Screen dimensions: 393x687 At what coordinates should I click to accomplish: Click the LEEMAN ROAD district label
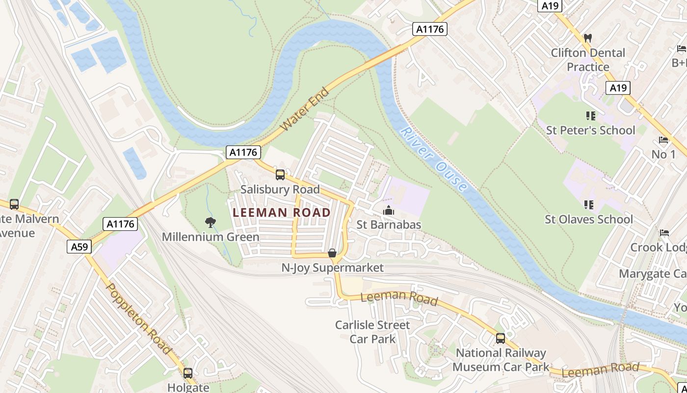pyautogui.click(x=282, y=213)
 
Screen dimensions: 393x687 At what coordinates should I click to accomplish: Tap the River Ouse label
pyautogui.click(x=434, y=160)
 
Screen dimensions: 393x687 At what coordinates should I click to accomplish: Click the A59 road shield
pyautogui.click(x=79, y=247)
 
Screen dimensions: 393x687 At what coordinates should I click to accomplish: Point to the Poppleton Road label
pyautogui.click(x=139, y=318)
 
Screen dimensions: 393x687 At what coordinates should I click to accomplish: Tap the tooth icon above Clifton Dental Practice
pyautogui.click(x=587, y=38)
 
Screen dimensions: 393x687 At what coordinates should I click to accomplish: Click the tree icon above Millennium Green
pyautogui.click(x=211, y=223)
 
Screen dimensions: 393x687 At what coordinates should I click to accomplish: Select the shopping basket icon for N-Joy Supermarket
pyautogui.click(x=332, y=253)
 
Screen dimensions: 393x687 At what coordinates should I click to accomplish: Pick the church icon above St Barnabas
pyautogui.click(x=389, y=211)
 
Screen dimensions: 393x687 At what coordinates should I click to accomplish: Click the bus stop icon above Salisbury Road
pyautogui.click(x=280, y=175)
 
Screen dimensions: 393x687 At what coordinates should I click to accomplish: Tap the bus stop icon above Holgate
pyautogui.click(x=188, y=373)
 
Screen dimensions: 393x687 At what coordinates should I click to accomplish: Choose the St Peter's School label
pyautogui.click(x=590, y=130)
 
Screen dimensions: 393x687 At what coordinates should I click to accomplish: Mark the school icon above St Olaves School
pyautogui.click(x=589, y=205)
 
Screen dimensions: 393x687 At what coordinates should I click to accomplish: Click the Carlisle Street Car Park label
pyautogui.click(x=372, y=332)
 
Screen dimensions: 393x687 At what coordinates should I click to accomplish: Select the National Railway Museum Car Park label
pyautogui.click(x=501, y=360)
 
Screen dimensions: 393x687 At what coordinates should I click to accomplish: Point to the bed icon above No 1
pyautogui.click(x=663, y=140)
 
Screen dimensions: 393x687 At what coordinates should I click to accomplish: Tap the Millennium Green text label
pyautogui.click(x=211, y=237)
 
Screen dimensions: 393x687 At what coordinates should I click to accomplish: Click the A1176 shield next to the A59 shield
pyautogui.click(x=121, y=225)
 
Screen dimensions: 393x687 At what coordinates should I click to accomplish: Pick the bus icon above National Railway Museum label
pyautogui.click(x=501, y=338)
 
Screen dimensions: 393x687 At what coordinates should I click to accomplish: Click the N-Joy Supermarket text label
pyautogui.click(x=332, y=268)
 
